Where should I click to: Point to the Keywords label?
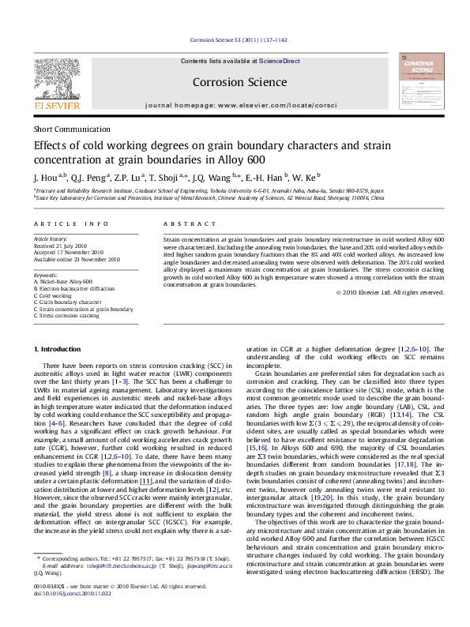pos(47,274)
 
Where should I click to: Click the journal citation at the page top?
pos(235,40)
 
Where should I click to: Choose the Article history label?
pos(50,237)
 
